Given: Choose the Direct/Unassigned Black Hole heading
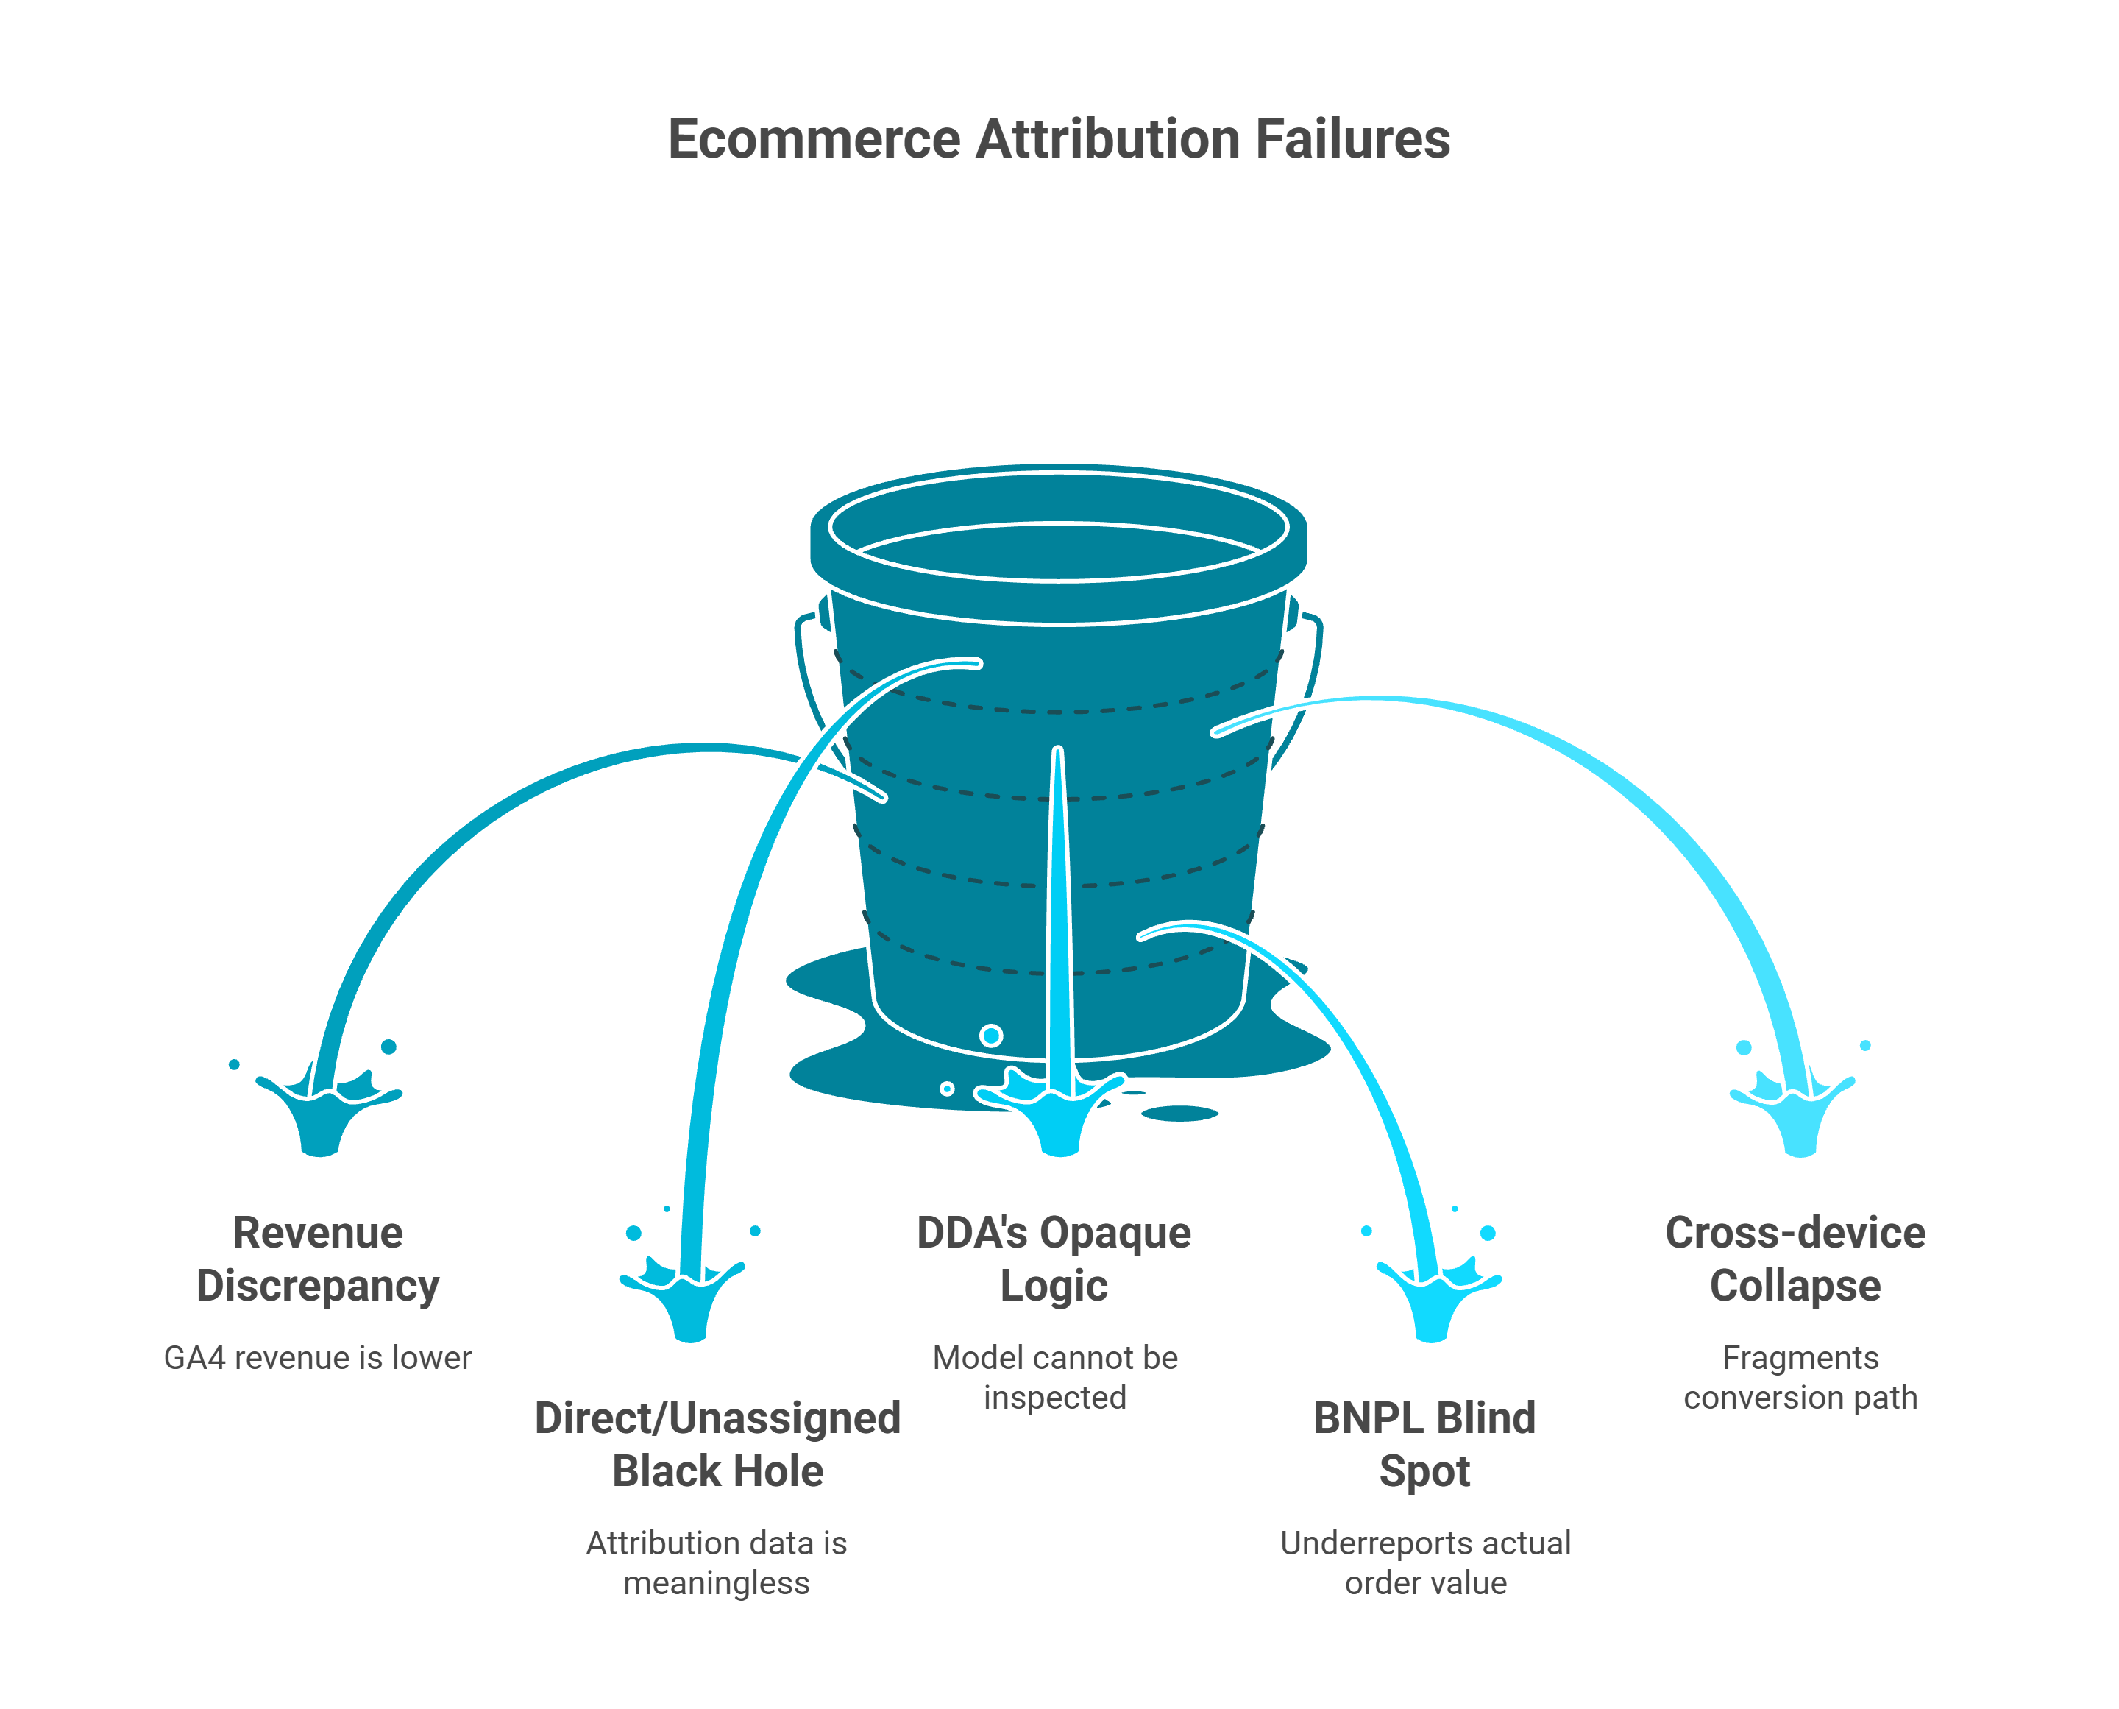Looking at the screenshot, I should [717, 1443].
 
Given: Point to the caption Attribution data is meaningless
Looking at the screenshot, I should [717, 1563].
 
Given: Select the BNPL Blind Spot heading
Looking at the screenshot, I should [1424, 1443].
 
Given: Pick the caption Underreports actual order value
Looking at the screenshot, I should [1425, 1563].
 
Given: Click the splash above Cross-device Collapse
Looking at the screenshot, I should [1798, 1117].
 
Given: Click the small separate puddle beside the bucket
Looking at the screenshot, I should [1179, 1114].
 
